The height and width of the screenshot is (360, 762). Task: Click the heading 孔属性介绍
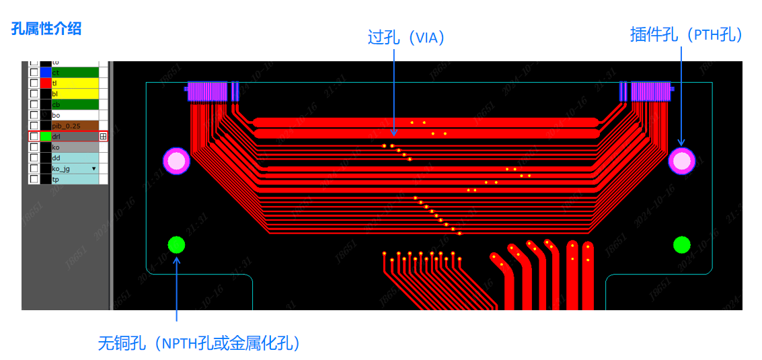[46, 28]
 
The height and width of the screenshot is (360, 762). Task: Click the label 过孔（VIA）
[406, 37]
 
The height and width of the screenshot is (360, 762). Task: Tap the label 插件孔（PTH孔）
[687, 35]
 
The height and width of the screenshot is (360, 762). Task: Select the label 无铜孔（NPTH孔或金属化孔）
[199, 343]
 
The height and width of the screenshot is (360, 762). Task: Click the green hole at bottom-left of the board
[176, 245]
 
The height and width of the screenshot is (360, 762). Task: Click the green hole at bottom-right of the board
[682, 245]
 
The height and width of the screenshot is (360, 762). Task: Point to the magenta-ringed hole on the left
[176, 161]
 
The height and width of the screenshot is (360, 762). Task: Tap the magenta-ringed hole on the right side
[681, 161]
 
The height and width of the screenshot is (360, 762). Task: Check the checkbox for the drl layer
[34, 137]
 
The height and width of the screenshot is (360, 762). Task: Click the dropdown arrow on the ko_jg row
[93, 169]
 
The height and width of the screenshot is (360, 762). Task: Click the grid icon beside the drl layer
[103, 137]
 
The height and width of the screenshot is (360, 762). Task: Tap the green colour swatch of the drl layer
[46, 137]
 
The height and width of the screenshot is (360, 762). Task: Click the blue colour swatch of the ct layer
[46, 72]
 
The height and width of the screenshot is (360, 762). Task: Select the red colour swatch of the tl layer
[46, 83]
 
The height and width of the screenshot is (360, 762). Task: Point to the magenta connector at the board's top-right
[650, 92]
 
